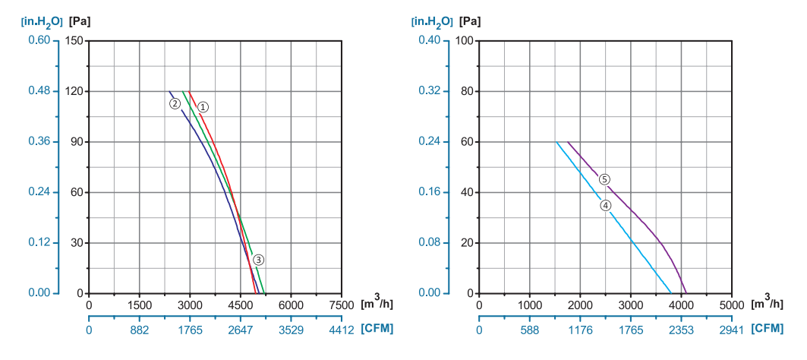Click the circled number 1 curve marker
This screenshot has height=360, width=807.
point(203,107)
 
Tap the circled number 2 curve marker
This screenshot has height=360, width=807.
point(175,103)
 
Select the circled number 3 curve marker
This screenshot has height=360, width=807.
point(259,260)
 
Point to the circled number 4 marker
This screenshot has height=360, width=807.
point(605,205)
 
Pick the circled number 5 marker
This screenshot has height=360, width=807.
point(604,179)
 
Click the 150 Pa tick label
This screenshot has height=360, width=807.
point(74,40)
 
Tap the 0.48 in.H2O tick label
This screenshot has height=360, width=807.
point(39,91)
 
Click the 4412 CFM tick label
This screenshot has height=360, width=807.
point(342,330)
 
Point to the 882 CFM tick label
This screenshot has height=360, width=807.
point(140,330)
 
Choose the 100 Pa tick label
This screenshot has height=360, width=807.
point(464,40)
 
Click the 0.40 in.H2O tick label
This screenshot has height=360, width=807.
point(430,40)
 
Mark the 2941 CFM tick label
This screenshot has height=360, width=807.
point(731,330)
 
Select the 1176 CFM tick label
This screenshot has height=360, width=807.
point(580,330)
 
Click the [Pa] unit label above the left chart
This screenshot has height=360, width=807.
point(80,21)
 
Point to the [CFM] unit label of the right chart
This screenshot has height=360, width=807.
point(767,329)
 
